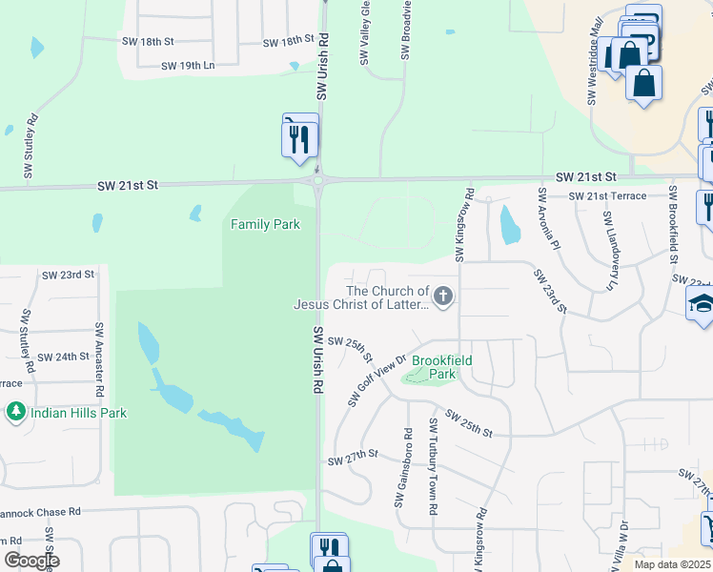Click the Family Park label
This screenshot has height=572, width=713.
265,224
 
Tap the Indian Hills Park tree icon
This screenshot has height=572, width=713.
15,413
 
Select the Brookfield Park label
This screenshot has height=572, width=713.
434,368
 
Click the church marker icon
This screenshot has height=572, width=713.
442,297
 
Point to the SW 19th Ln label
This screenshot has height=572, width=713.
189,66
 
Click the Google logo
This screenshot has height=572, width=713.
31,561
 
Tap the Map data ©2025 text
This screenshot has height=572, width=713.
671,564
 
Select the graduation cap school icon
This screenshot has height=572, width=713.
702,305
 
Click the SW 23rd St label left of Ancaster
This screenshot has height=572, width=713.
69,275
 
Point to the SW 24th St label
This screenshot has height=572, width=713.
65,357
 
